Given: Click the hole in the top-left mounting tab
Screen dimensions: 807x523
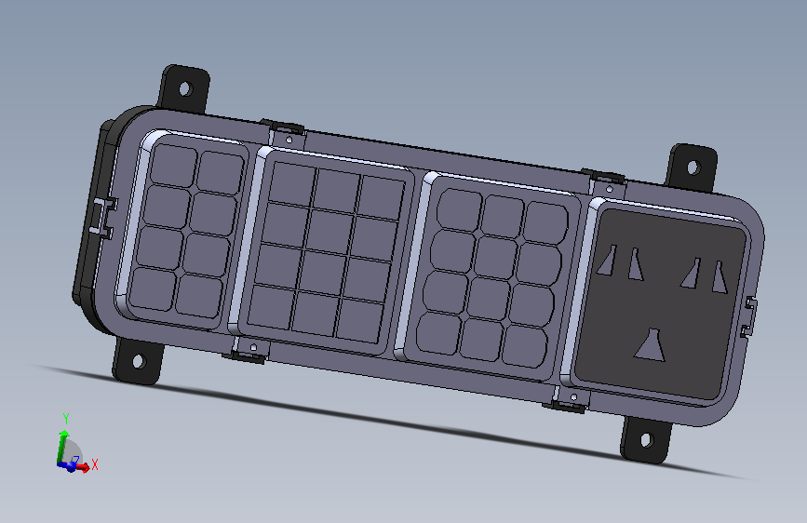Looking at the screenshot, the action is [x=185, y=88].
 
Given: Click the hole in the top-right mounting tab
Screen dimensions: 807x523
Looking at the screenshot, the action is [x=693, y=168].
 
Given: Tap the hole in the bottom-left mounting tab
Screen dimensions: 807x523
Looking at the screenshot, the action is [x=139, y=361].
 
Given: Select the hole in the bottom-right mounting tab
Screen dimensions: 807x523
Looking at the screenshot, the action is [x=646, y=440].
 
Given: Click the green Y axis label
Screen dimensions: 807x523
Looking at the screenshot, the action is [x=66, y=418].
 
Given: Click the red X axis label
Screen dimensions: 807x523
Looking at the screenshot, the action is [x=95, y=464].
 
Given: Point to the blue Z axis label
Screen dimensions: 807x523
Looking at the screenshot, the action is [x=76, y=459].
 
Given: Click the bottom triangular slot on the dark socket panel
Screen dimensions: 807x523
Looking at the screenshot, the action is [x=650, y=345].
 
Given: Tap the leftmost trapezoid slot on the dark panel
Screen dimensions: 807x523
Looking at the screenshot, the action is [x=607, y=261].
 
